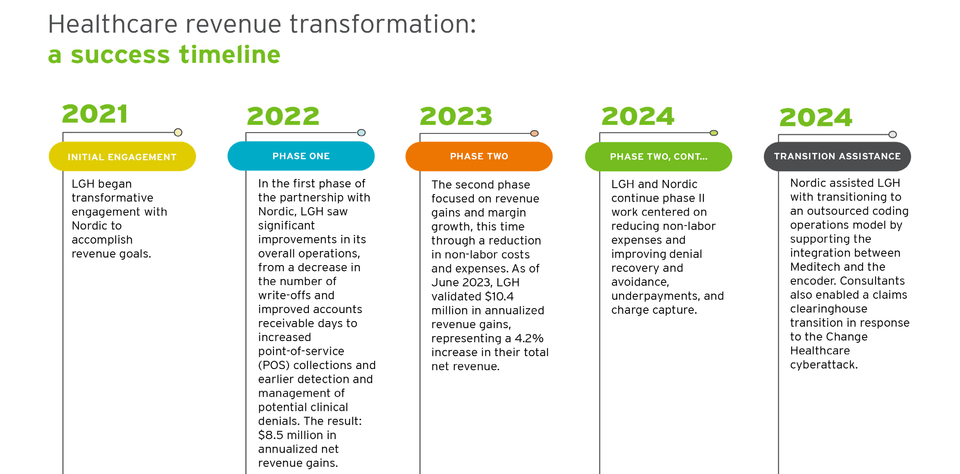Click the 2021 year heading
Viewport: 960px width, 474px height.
point(95,114)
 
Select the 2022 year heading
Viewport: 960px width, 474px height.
point(283,116)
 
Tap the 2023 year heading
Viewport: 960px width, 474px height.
point(456,116)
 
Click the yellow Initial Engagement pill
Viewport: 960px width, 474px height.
point(122,156)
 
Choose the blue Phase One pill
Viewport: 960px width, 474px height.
point(301,156)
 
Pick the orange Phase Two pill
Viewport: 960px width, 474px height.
point(479,156)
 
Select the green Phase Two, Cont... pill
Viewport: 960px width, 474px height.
point(659,157)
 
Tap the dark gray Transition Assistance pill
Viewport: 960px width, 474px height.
point(837,156)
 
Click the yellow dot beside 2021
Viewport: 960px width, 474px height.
point(178,132)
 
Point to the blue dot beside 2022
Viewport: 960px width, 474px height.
point(361,133)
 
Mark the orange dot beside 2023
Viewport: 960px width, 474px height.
point(534,133)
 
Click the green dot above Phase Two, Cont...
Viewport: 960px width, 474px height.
point(714,133)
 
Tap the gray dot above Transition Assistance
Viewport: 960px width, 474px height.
point(893,134)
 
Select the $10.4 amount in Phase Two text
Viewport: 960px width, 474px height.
point(499,297)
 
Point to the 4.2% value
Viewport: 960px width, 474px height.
point(529,338)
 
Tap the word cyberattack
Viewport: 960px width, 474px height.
point(824,365)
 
